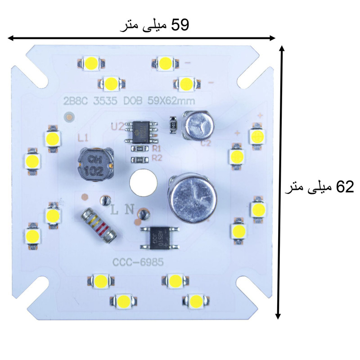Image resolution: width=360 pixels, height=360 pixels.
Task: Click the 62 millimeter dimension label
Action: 319,187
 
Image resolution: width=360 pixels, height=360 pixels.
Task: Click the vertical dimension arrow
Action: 281,182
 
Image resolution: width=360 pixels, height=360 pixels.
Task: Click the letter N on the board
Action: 129,209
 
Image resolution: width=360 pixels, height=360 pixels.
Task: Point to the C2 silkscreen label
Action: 206,144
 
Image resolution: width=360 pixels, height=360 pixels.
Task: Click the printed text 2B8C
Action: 76,102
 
